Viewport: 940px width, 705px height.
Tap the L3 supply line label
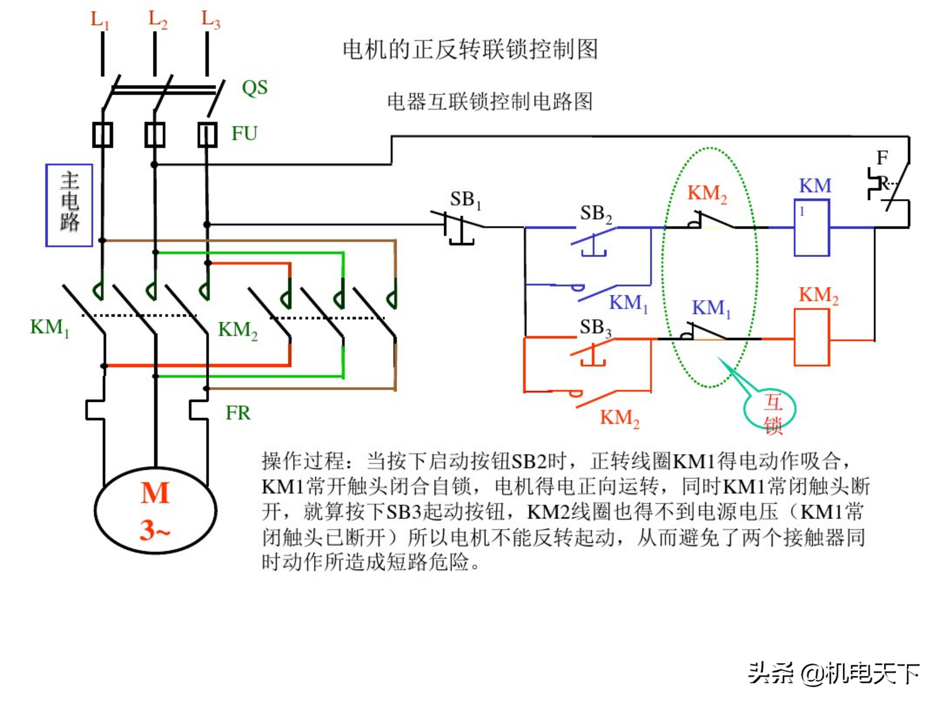pyautogui.click(x=210, y=20)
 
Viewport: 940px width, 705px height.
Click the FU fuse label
pyautogui.click(x=244, y=133)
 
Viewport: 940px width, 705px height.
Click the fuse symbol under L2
pyautogui.click(x=155, y=135)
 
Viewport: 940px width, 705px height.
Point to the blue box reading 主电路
pyautogui.click(x=69, y=205)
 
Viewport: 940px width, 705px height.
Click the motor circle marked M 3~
pyautogui.click(x=156, y=509)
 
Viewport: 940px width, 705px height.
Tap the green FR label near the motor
pyautogui.click(x=238, y=413)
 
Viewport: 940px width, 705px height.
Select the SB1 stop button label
pyautogui.click(x=465, y=200)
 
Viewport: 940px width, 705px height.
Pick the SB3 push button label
pyautogui.click(x=595, y=328)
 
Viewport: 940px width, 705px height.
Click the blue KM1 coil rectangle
pyautogui.click(x=812, y=228)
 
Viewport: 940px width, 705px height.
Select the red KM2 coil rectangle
pyautogui.click(x=812, y=337)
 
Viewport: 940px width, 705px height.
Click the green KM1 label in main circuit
pyautogui.click(x=49, y=328)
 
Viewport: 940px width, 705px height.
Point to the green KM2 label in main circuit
pyautogui.click(x=238, y=330)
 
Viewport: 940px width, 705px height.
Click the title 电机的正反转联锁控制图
pyautogui.click(x=470, y=49)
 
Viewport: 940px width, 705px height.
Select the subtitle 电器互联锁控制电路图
pyautogui.click(x=490, y=102)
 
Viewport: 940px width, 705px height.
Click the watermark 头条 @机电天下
pyautogui.click(x=833, y=674)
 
